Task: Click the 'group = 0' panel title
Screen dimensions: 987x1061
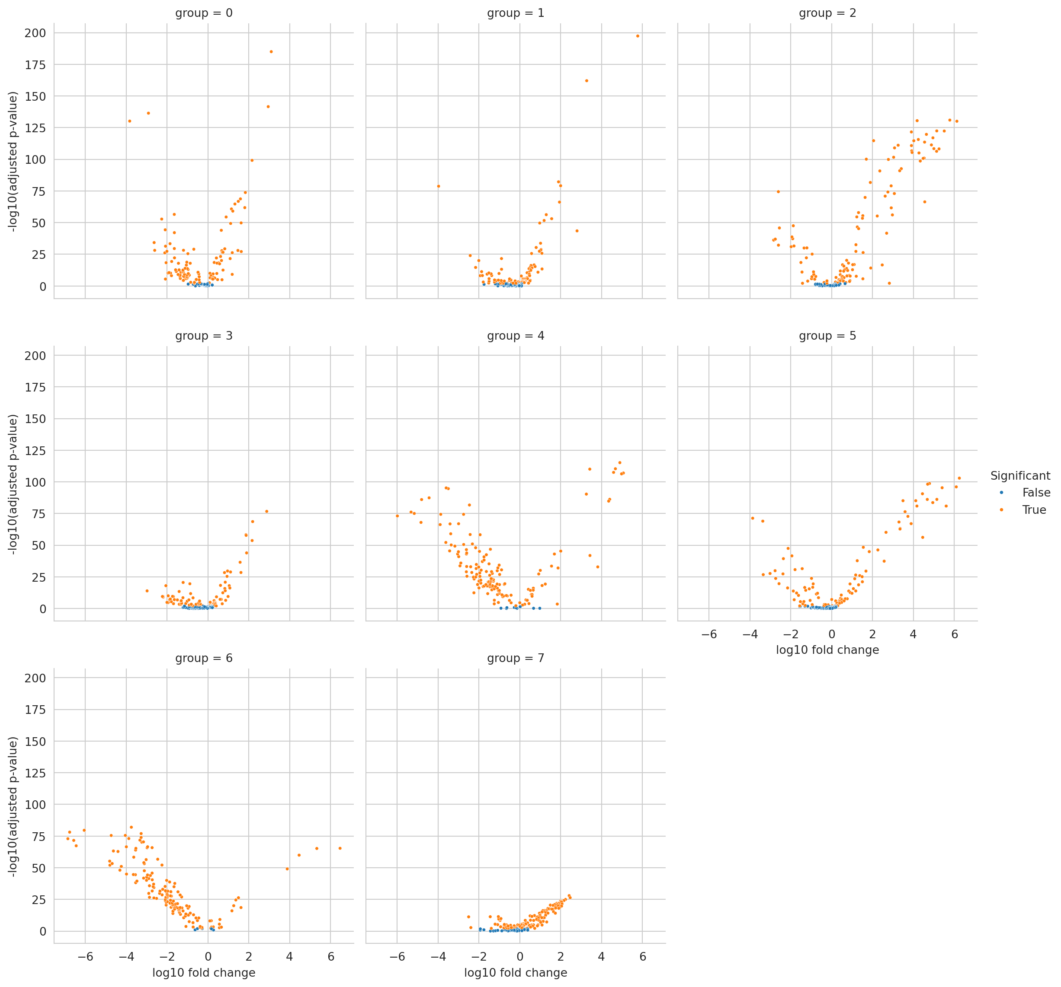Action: coord(203,13)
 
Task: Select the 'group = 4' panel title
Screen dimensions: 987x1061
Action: coord(516,336)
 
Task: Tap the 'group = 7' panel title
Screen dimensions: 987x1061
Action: coord(516,658)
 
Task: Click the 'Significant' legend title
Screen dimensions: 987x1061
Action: coord(1020,476)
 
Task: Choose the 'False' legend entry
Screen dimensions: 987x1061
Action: coord(1035,493)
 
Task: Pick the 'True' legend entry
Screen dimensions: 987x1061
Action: coord(1034,510)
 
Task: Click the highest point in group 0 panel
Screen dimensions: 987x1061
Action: coord(271,52)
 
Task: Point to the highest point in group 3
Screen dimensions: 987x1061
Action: coord(266,511)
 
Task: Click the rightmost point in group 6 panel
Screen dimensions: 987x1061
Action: coord(340,848)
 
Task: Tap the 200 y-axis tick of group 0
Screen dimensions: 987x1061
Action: coord(35,33)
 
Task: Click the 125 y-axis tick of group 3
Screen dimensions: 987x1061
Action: coord(35,451)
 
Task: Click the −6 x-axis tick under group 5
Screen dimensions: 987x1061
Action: coord(709,634)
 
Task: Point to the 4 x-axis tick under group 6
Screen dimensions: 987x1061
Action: coord(290,957)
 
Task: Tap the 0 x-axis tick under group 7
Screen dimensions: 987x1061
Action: coord(520,957)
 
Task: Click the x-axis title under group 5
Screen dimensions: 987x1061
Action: coord(827,650)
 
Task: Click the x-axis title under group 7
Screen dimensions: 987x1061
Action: coord(516,973)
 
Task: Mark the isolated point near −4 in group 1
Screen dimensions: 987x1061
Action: coord(439,186)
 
